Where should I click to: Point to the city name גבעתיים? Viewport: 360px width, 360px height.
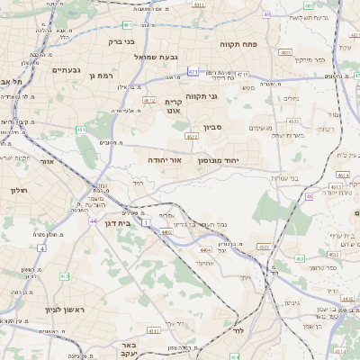click(x=67, y=70)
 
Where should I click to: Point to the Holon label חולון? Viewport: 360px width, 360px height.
click(x=20, y=190)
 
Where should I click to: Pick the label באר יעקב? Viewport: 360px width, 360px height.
click(x=131, y=349)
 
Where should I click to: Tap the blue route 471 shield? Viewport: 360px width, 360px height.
click(x=193, y=70)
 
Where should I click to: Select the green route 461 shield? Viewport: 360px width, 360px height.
click(x=81, y=130)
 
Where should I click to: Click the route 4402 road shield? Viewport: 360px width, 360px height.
click(x=166, y=231)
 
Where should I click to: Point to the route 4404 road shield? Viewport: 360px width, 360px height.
click(x=207, y=248)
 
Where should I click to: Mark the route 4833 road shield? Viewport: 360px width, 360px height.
click(x=284, y=53)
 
